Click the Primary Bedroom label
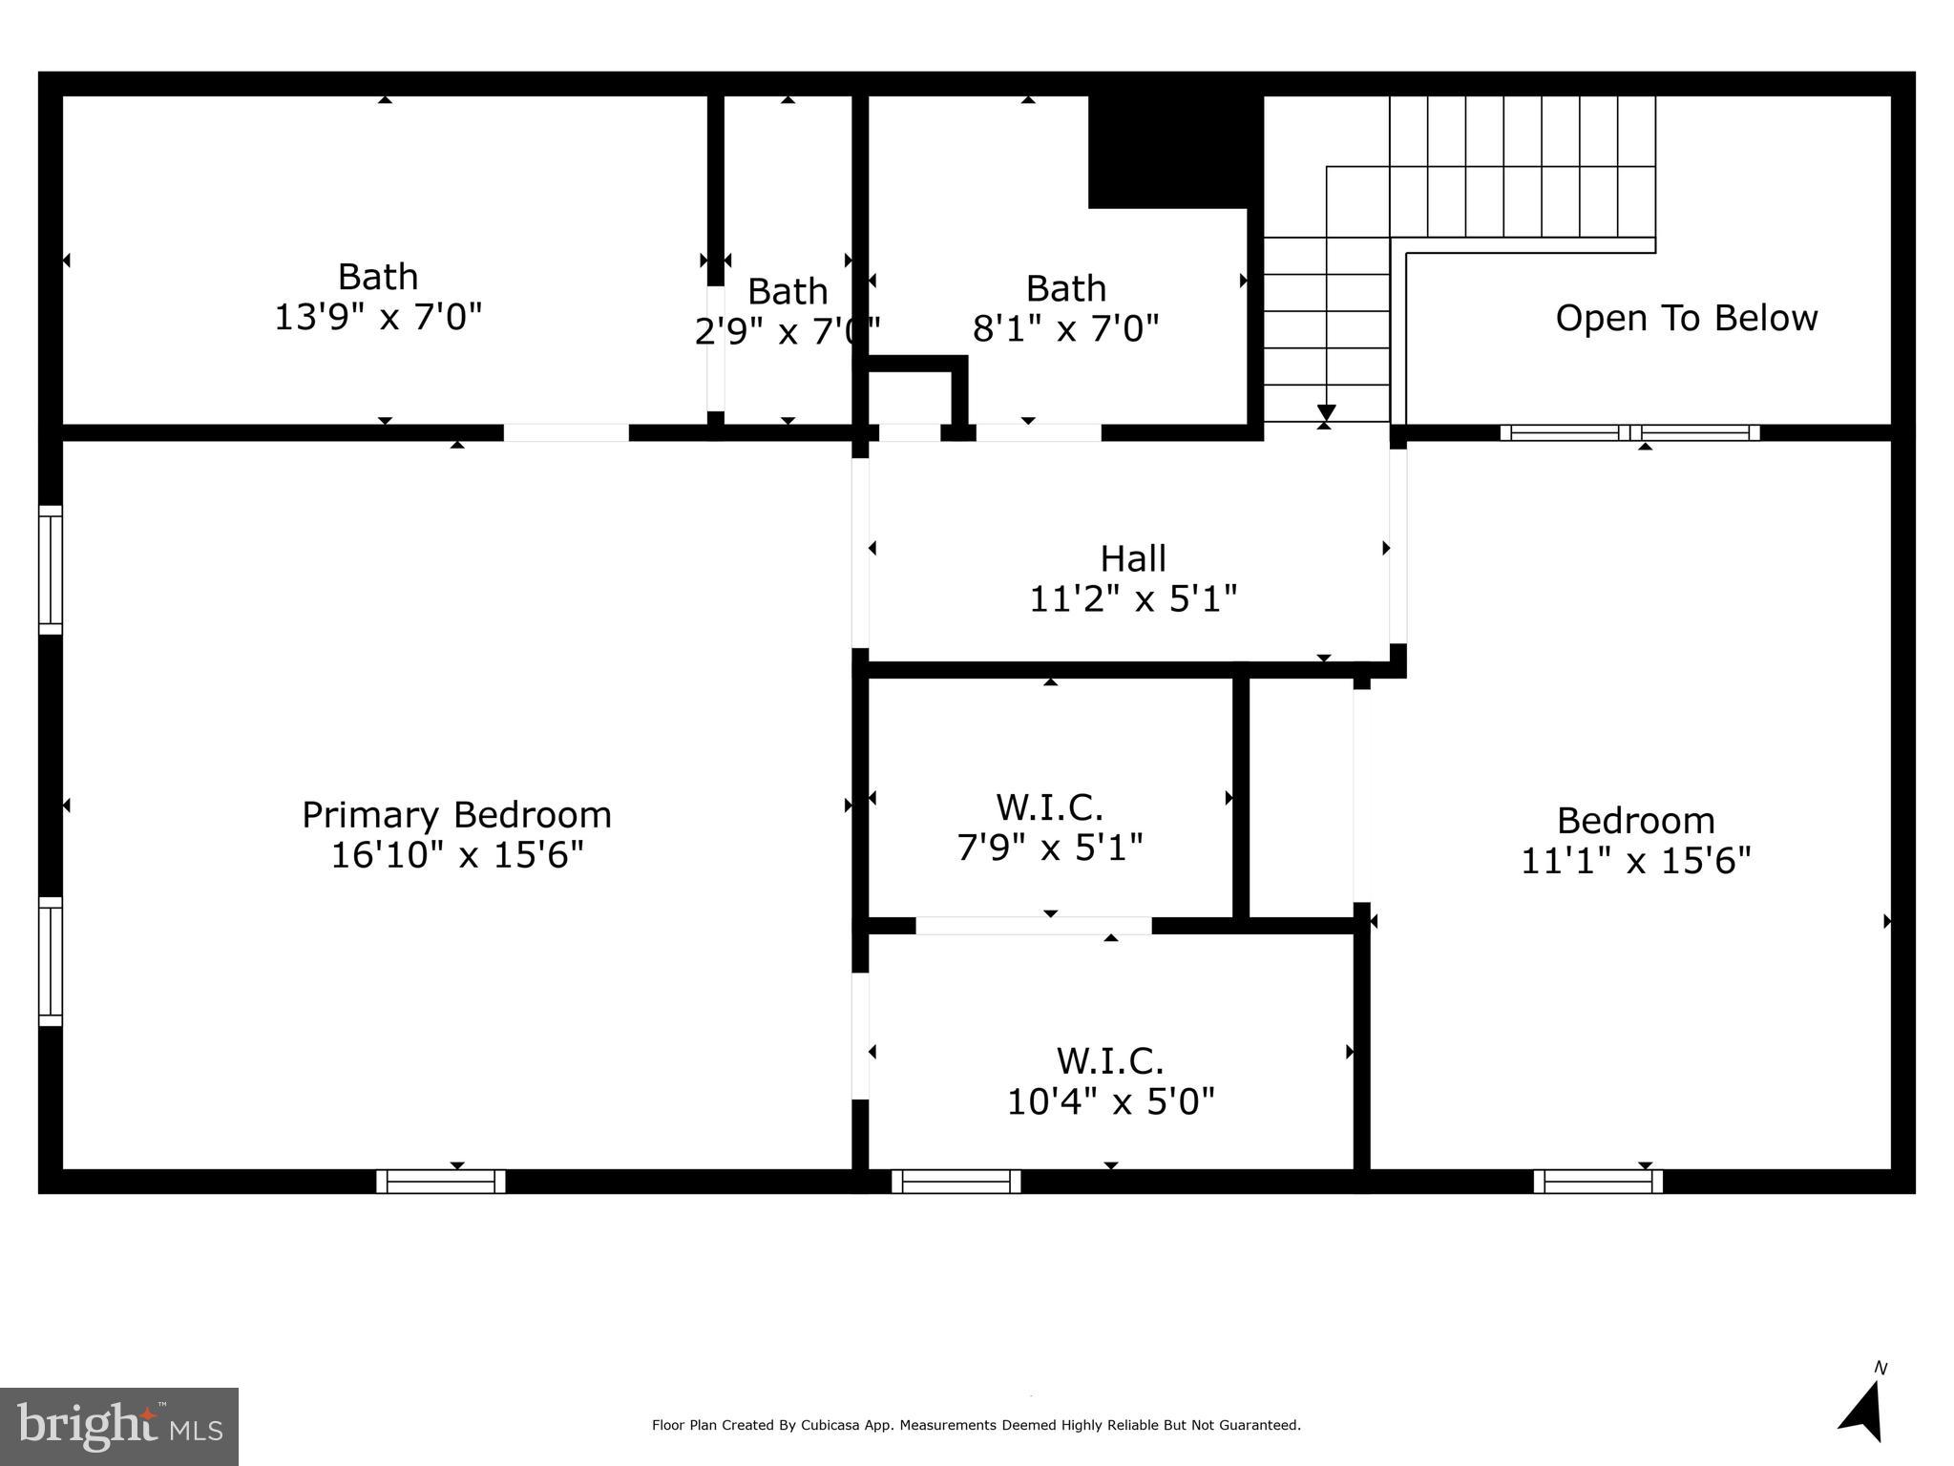point(456,815)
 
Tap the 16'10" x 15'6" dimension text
point(456,855)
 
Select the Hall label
point(1133,558)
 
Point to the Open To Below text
point(1686,318)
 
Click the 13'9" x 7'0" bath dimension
point(378,317)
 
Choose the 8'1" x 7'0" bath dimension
point(1065,329)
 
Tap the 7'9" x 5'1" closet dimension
point(1050,847)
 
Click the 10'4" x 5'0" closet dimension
point(1110,1101)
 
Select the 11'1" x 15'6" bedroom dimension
point(1635,861)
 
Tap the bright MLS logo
point(119,1426)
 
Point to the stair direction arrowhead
point(1326,412)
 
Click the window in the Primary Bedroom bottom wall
point(440,1182)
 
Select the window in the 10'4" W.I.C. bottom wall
point(956,1182)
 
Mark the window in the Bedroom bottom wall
point(1598,1182)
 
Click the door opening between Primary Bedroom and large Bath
point(566,432)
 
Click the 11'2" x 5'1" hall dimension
point(1133,599)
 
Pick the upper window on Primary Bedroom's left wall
point(50,570)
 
